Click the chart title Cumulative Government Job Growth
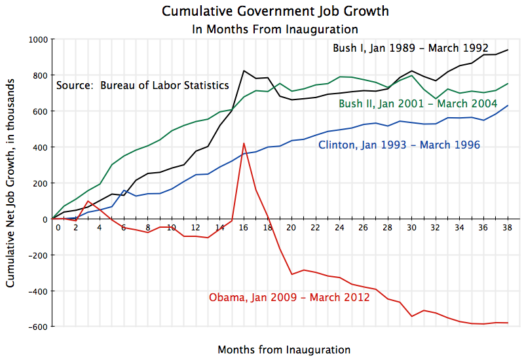pos(274,12)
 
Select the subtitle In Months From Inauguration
pos(274,29)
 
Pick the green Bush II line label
pos(417,103)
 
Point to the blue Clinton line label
pos(399,145)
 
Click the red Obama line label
pos(289,297)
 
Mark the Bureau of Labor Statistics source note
pos(142,85)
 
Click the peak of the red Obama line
pos(244,143)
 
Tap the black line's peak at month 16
pos(244,71)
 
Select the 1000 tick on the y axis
pos(38,39)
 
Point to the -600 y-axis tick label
pos(37,326)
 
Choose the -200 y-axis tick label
pos(37,255)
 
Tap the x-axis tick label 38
pos(507,228)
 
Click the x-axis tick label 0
pos(58,228)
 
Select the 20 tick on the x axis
pos(291,228)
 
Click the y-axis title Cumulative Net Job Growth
pos(11,184)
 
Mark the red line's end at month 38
pos(508,323)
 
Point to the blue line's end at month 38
pos(508,106)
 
